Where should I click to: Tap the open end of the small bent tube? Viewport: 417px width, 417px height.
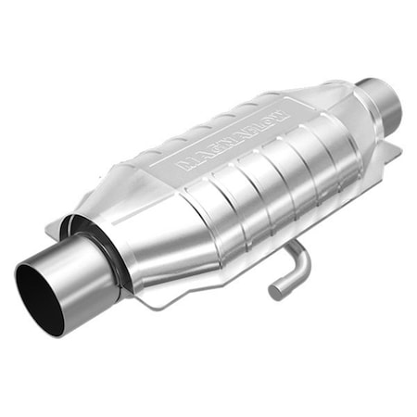(275, 292)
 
